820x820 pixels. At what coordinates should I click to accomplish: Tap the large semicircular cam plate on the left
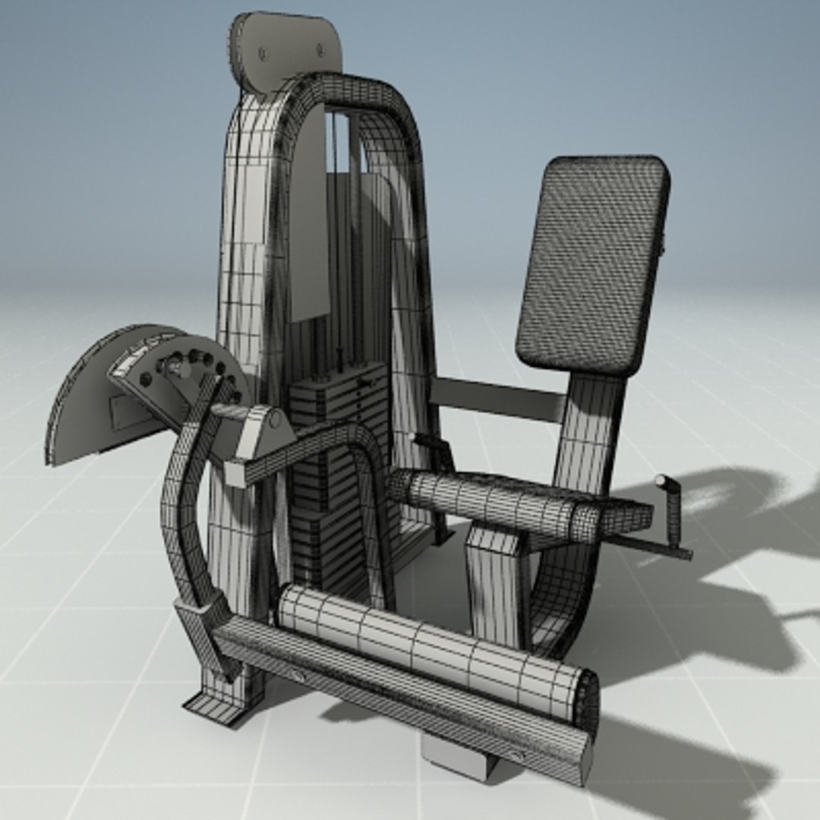point(84,402)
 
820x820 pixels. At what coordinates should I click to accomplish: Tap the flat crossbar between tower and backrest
point(497,399)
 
